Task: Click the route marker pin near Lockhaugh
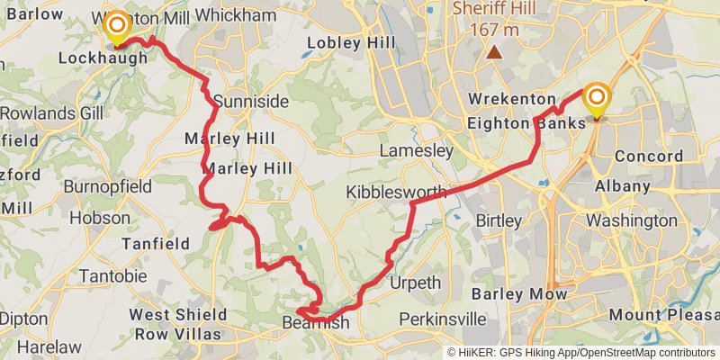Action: pos(116,27)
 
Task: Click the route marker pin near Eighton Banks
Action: pos(596,99)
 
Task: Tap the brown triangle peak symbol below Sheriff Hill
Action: pos(494,51)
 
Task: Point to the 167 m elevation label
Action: pos(494,29)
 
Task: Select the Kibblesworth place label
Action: pos(396,193)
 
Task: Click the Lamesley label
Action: pos(416,151)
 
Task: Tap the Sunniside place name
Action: pos(238,101)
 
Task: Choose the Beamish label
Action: pos(315,322)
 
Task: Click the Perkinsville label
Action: pos(443,319)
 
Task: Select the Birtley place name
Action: pos(498,220)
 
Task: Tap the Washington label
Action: pos(632,220)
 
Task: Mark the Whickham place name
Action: pos(235,16)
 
